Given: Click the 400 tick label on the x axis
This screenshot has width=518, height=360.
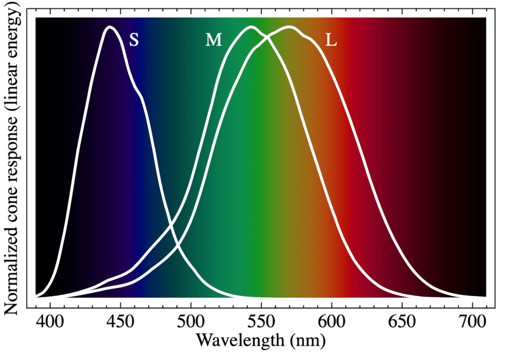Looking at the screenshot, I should coord(50,322).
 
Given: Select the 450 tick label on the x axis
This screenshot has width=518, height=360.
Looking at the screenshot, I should coord(120,322).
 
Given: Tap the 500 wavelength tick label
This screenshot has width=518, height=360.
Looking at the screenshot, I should coord(191,322).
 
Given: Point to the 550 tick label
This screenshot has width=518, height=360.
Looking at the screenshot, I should coord(261,322).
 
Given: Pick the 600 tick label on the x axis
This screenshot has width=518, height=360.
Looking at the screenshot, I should coord(331,322).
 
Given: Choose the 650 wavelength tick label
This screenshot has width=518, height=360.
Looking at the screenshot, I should coord(402,322).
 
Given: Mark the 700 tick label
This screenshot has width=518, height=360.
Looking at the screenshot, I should coord(472,322).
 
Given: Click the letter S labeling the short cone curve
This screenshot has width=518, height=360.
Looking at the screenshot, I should coord(134,40).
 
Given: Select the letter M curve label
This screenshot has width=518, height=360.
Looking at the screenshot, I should coord(213,40).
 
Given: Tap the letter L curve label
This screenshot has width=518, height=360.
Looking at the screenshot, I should coord(331,40).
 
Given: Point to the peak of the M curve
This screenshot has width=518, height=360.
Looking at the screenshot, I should coord(250,27).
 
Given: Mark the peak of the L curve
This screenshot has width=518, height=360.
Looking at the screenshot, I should coord(288,27).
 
